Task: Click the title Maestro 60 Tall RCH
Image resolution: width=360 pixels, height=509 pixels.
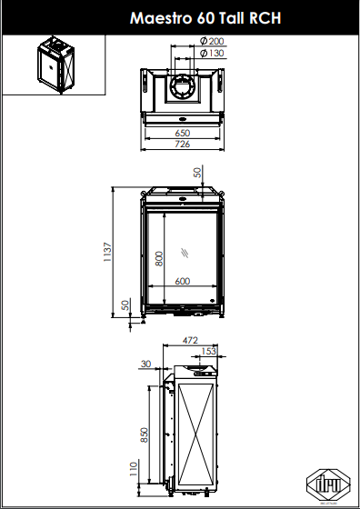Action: pyautogui.click(x=205, y=18)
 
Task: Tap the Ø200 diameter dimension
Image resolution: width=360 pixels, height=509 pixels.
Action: pyautogui.click(x=212, y=41)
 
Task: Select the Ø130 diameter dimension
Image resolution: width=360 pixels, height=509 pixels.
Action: pyautogui.click(x=212, y=54)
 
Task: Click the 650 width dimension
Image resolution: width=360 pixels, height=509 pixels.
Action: pyautogui.click(x=183, y=133)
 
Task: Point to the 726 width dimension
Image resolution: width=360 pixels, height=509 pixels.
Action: pyautogui.click(x=183, y=145)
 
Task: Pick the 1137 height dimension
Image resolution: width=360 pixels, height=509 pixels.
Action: pyautogui.click(x=108, y=253)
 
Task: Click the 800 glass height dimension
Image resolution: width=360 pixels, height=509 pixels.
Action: pyautogui.click(x=159, y=259)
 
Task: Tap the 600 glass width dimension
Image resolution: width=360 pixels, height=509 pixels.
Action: pyautogui.click(x=183, y=281)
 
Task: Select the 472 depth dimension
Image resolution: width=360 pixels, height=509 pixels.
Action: pyautogui.click(x=190, y=341)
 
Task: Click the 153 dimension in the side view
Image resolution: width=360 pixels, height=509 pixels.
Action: pyautogui.click(x=208, y=352)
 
